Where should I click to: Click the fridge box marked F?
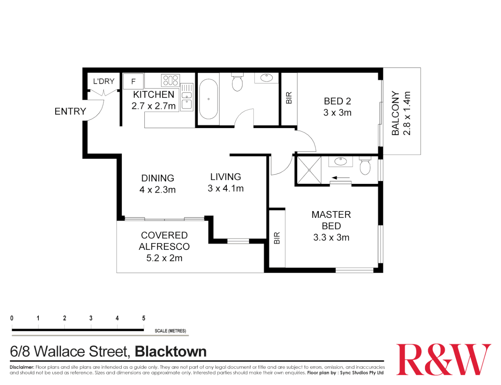[133, 81]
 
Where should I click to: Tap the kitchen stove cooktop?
[170, 80]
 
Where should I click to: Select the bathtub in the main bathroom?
[208, 99]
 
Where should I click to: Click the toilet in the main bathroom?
[237, 83]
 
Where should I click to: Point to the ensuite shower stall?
[309, 170]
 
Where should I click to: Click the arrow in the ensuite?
[341, 178]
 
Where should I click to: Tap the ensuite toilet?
[365, 166]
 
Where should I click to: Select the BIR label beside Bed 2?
[289, 98]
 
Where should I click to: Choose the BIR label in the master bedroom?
[277, 238]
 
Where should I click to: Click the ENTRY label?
[70, 112]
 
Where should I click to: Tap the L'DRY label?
[104, 81]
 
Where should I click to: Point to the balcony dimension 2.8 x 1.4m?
[407, 113]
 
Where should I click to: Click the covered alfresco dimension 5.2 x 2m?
[164, 258]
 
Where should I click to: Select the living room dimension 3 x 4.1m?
[226, 189]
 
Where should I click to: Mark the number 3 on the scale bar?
[91, 318]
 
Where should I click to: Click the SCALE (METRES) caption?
[170, 331]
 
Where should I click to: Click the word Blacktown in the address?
[171, 352]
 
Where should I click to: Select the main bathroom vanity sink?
[266, 78]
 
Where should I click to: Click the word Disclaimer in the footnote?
[22, 367]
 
